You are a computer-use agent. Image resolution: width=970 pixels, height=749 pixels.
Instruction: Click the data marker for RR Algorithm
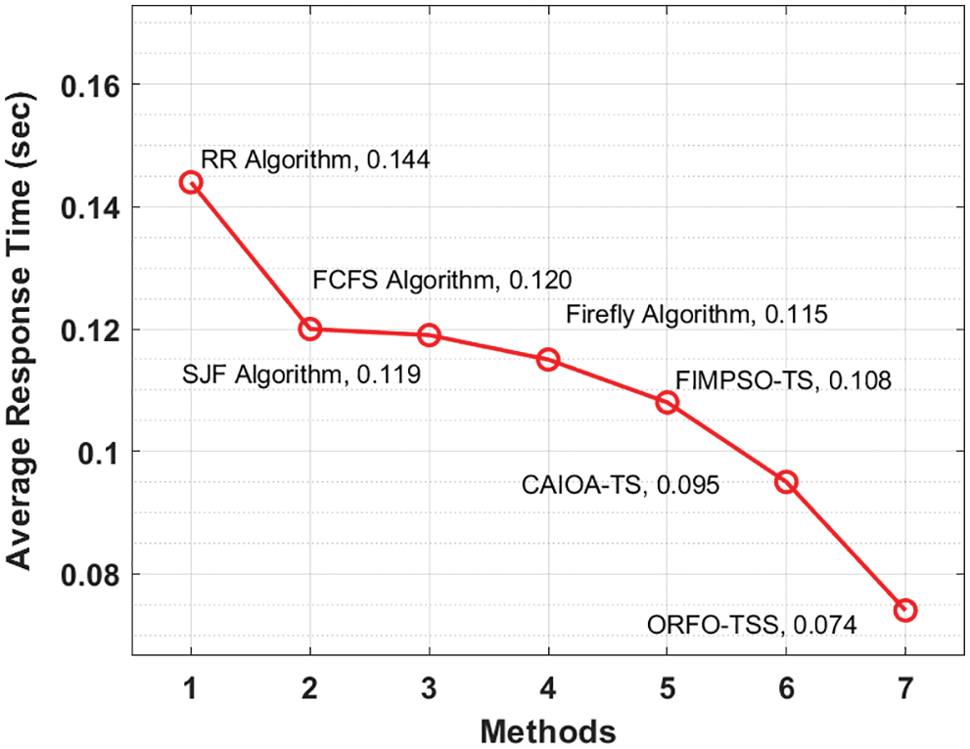[191, 182]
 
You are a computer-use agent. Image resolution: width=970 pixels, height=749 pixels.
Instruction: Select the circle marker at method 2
[310, 329]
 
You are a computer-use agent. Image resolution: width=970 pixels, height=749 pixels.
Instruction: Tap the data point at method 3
[429, 334]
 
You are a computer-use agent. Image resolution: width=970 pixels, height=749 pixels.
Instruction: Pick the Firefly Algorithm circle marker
[548, 359]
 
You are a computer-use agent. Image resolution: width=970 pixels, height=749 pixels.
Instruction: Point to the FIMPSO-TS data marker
[667, 402]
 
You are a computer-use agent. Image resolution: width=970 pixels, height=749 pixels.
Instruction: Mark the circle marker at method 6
[786, 481]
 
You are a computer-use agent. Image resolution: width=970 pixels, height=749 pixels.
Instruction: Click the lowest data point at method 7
[904, 610]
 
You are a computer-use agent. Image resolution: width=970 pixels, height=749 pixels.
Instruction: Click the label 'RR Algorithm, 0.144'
[315, 159]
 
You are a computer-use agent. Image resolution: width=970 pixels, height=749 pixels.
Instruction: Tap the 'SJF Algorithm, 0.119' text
[301, 374]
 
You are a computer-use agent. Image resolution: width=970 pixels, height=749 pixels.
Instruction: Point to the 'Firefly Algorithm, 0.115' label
[697, 315]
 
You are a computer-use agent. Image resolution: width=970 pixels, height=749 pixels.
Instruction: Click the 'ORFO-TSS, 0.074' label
[752, 625]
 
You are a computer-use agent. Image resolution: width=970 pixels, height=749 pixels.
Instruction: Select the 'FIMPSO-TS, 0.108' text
[783, 381]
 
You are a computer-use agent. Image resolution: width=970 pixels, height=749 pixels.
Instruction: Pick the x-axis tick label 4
[548, 688]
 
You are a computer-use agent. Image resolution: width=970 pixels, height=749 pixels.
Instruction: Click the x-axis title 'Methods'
[548, 730]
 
